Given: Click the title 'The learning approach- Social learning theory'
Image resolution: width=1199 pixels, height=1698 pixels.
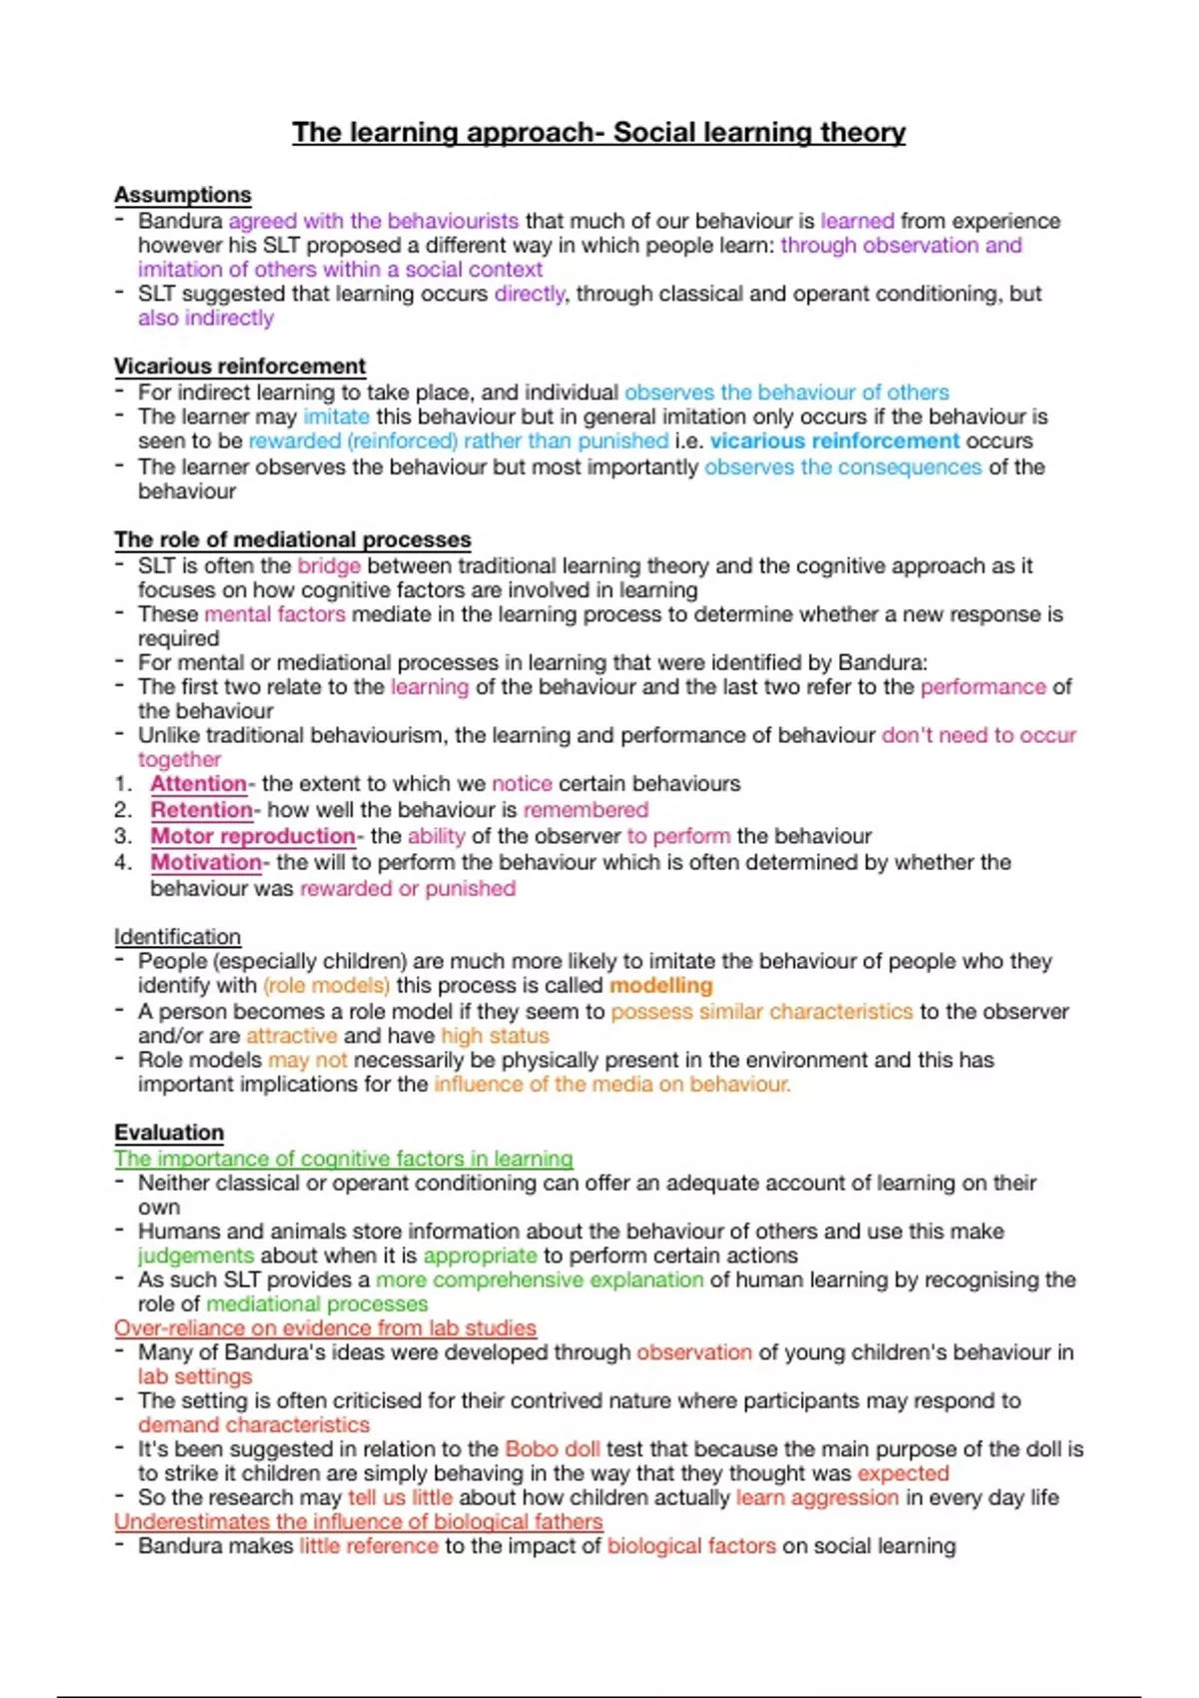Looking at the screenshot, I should pyautogui.click(x=599, y=132).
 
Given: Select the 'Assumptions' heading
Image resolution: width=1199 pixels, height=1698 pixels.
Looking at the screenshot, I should pyautogui.click(x=182, y=195).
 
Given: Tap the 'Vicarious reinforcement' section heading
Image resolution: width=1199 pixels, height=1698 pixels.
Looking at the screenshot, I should pyautogui.click(x=240, y=367).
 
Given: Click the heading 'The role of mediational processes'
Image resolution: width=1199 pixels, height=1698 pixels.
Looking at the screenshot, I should pyautogui.click(x=292, y=539).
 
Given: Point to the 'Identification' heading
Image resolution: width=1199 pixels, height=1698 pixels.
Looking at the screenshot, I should pyautogui.click(x=177, y=937).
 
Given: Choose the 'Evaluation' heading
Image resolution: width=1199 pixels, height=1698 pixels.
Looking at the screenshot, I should pyautogui.click(x=169, y=1133).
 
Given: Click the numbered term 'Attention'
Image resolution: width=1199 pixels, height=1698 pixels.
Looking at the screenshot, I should pyautogui.click(x=198, y=784).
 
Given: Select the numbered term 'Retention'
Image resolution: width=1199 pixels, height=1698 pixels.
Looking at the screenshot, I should pyautogui.click(x=201, y=810).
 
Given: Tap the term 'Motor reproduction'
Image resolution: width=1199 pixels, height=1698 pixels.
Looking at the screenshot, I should pyautogui.click(x=253, y=836).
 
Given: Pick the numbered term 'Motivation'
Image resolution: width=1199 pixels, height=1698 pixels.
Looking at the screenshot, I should pyautogui.click(x=206, y=862).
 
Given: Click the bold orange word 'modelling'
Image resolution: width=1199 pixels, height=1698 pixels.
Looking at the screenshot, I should pyautogui.click(x=660, y=986).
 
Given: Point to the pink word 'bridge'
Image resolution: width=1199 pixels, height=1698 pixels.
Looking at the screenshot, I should pyautogui.click(x=329, y=566).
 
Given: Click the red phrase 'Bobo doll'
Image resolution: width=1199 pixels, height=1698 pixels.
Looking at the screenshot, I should pyautogui.click(x=552, y=1449).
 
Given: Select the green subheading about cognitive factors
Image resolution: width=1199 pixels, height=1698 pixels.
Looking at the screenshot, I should pyautogui.click(x=343, y=1159).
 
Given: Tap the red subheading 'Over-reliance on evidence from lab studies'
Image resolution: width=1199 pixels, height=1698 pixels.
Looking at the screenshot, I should pyautogui.click(x=325, y=1328).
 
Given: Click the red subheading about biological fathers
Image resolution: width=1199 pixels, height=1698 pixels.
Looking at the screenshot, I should pyautogui.click(x=358, y=1522).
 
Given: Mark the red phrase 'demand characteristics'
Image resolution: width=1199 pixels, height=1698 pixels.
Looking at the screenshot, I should pyautogui.click(x=253, y=1425).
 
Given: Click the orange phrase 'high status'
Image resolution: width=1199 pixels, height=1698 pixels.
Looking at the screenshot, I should pyautogui.click(x=495, y=1036).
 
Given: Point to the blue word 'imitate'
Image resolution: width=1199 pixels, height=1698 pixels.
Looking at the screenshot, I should pyautogui.click(x=336, y=417).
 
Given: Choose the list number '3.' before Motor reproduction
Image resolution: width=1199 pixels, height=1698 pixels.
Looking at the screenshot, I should pyautogui.click(x=123, y=836).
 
